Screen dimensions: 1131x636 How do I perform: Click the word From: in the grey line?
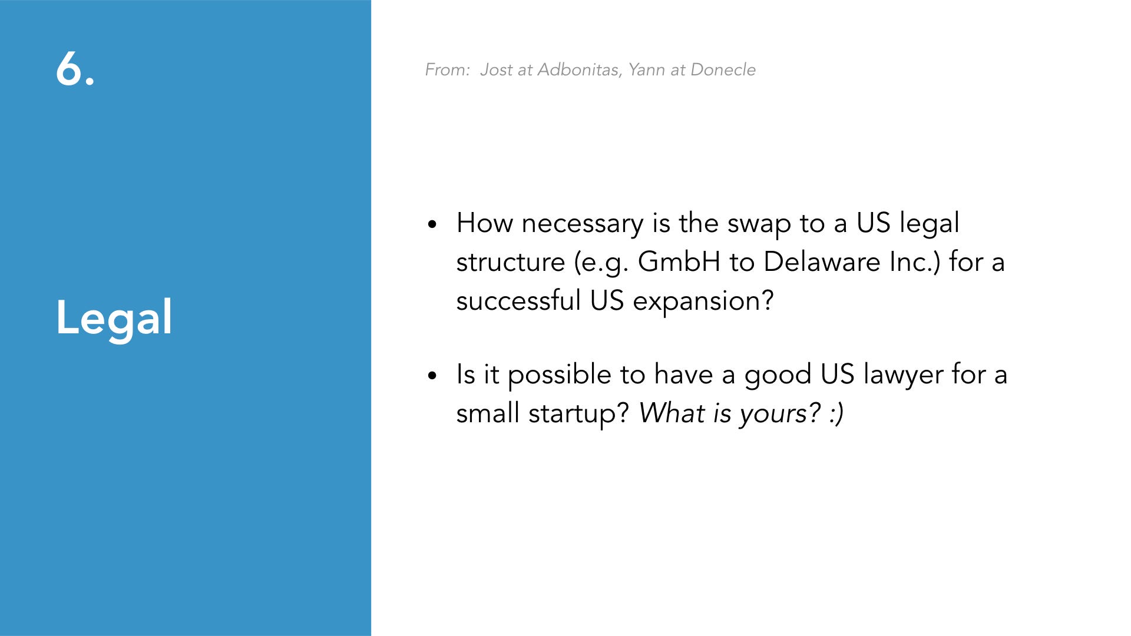pos(448,69)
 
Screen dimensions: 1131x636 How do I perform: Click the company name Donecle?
pos(723,69)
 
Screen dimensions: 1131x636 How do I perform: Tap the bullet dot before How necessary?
pos(433,224)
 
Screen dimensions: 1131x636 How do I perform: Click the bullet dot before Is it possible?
pos(433,376)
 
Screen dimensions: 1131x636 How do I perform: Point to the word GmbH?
pos(679,261)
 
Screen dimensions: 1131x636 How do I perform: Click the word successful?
pos(518,300)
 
